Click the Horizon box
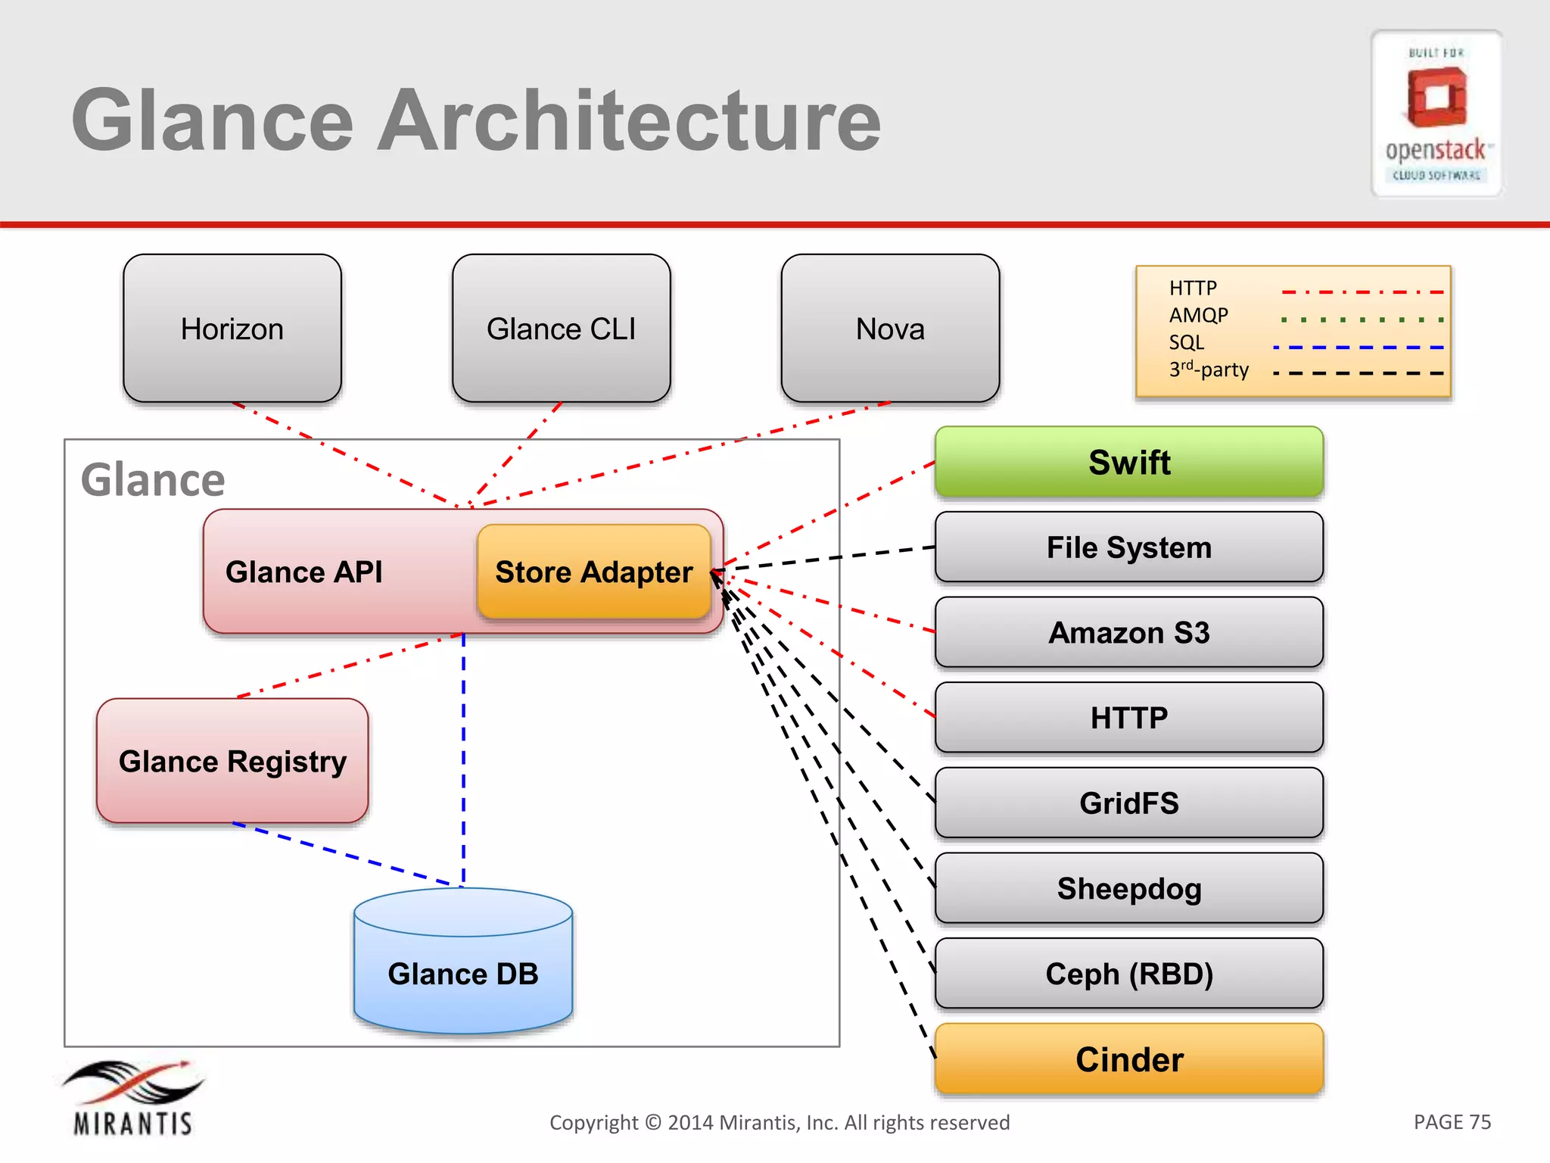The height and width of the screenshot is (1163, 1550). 232,328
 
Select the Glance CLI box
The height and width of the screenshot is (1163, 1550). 561,328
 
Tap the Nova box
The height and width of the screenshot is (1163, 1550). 890,328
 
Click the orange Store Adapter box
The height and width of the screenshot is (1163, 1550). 593,572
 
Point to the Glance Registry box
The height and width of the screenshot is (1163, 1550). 232,760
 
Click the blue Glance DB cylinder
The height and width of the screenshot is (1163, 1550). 463,973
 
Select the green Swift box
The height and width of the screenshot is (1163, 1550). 1128,462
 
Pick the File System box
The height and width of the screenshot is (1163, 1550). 1128,547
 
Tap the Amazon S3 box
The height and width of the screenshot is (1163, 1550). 1128,632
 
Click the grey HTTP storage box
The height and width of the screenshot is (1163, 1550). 1128,717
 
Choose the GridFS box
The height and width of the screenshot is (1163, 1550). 1128,803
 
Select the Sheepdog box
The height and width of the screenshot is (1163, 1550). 1128,888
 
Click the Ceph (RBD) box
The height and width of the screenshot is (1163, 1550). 1128,974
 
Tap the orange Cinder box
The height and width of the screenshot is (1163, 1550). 1128,1059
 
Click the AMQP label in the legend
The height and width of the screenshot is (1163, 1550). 1198,315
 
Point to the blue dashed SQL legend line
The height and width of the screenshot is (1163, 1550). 1359,348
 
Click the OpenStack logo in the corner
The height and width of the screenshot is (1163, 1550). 1436,114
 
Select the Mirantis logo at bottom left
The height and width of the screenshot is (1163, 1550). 133,1098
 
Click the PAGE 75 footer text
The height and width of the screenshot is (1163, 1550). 1452,1121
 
